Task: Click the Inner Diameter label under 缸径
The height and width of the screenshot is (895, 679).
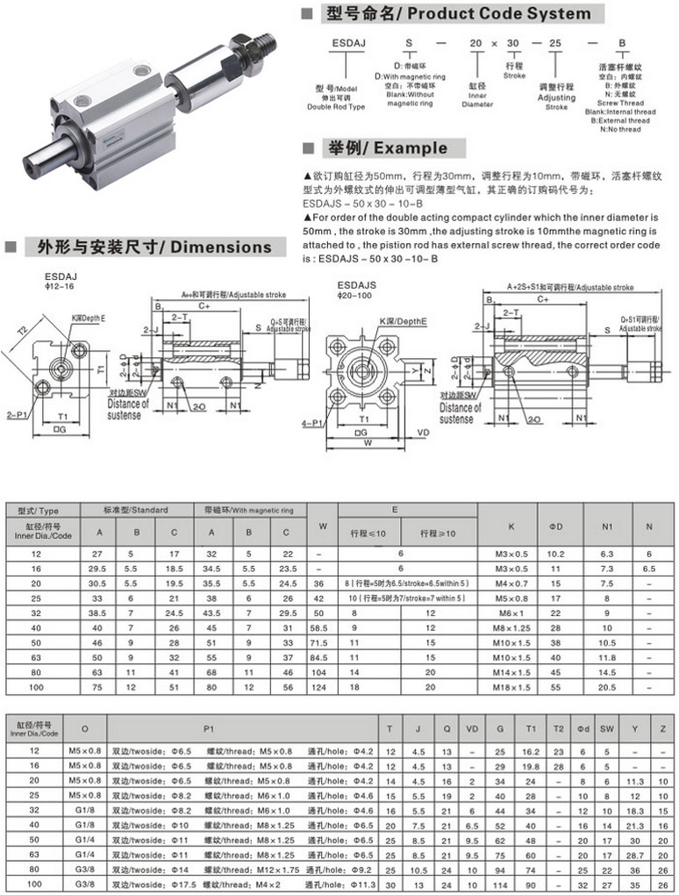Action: tap(477, 99)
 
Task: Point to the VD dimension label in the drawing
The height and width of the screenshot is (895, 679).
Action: tap(423, 433)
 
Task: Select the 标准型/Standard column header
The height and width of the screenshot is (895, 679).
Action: tap(136, 510)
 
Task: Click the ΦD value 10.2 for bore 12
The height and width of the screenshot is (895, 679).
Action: tap(555, 555)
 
